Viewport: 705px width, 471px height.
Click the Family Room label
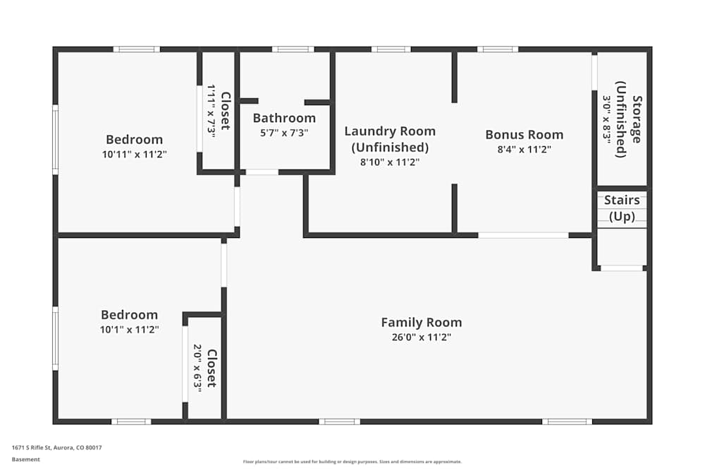click(422, 323)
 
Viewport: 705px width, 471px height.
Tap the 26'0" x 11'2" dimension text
click(422, 338)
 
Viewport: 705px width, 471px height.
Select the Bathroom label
click(284, 118)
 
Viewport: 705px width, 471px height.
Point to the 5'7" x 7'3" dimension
click(284, 133)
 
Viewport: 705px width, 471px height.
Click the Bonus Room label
click(525, 135)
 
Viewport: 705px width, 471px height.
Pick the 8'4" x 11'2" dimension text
click(525, 150)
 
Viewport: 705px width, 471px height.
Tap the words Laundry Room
click(390, 131)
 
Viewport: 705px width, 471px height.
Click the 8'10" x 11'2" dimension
click(390, 162)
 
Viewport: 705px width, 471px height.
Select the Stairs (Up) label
click(622, 208)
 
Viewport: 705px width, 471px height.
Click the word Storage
click(637, 119)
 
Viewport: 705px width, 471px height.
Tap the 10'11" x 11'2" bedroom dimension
click(135, 155)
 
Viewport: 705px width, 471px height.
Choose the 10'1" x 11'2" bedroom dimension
click(130, 330)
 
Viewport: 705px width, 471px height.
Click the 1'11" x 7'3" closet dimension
click(211, 109)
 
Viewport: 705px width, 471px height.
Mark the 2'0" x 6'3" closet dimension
click(198, 369)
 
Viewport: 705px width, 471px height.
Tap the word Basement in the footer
click(25, 459)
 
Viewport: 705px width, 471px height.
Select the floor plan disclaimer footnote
click(352, 462)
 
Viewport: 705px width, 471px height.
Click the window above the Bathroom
click(293, 49)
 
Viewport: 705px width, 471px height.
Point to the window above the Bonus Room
click(497, 49)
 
